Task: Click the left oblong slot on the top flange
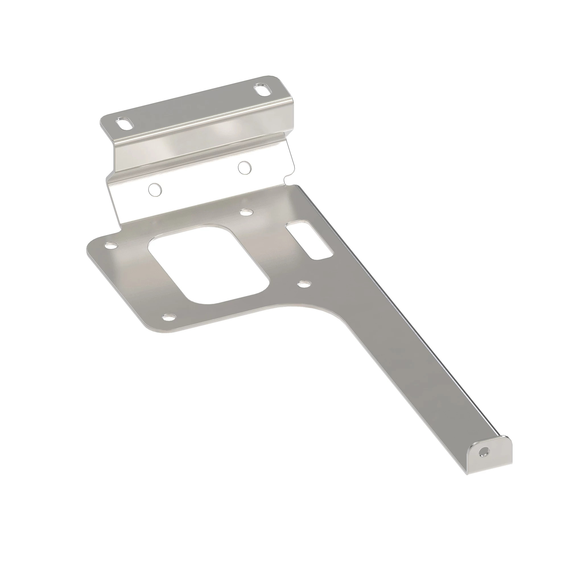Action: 125,124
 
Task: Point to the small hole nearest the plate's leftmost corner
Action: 111,245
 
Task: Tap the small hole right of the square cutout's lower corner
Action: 304,284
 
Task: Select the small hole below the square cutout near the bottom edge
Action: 169,317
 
